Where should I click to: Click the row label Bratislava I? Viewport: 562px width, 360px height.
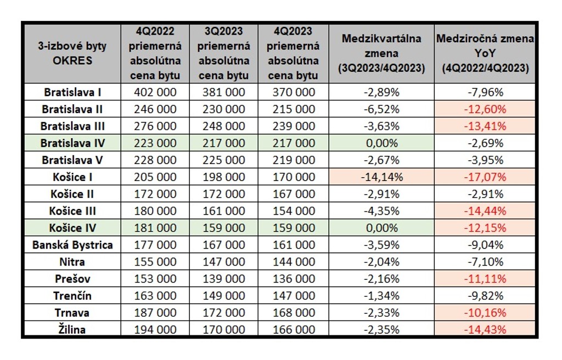click(72, 92)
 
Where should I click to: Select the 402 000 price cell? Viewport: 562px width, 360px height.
click(155, 92)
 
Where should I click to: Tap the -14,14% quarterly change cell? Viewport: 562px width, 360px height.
click(381, 177)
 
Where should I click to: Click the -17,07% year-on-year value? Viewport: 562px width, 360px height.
click(485, 177)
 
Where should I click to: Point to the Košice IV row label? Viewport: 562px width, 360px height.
click(72, 228)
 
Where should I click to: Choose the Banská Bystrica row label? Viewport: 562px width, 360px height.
click(72, 245)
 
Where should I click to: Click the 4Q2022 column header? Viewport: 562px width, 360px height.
click(155, 53)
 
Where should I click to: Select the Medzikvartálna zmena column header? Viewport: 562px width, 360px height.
click(381, 53)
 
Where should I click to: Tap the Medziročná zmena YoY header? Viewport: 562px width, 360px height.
click(485, 53)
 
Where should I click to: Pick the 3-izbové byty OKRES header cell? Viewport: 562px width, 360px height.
click(72, 53)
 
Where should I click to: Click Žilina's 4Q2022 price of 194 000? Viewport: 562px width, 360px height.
click(155, 330)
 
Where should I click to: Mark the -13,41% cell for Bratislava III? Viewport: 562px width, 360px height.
click(485, 126)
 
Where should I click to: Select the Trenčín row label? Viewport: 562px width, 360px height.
click(72, 296)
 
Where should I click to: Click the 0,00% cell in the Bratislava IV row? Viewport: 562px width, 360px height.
click(381, 143)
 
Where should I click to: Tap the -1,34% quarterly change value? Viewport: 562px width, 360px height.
click(381, 296)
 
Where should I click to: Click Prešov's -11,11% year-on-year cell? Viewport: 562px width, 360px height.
click(485, 279)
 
